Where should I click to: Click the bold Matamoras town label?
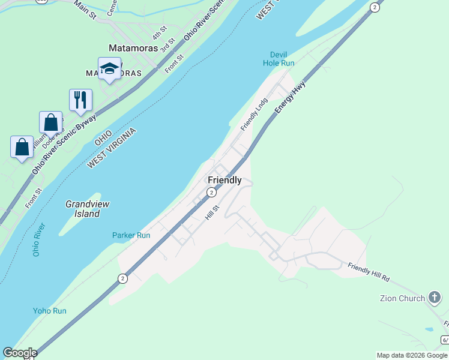133,48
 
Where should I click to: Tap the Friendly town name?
224,180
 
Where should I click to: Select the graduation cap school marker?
110,68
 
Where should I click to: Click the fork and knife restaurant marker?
80,100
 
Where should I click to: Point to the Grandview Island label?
83,209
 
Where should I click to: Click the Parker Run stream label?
131,235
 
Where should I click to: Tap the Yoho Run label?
50,311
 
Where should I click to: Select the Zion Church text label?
403,298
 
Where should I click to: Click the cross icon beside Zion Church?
435,298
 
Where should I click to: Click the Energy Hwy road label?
291,97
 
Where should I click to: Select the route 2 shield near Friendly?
211,192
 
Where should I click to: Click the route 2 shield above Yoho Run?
122,278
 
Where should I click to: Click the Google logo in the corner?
20,353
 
